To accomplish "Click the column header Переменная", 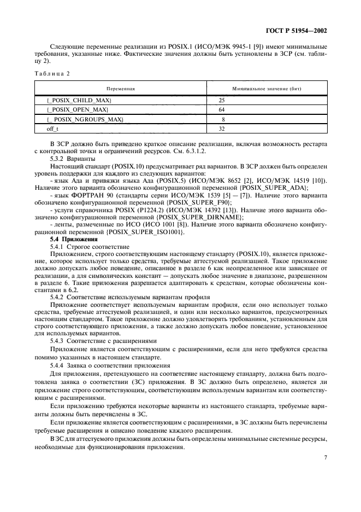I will click(120, 88).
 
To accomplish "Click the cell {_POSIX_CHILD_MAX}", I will click(80, 101).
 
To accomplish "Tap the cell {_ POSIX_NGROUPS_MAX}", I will click(85, 119).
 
